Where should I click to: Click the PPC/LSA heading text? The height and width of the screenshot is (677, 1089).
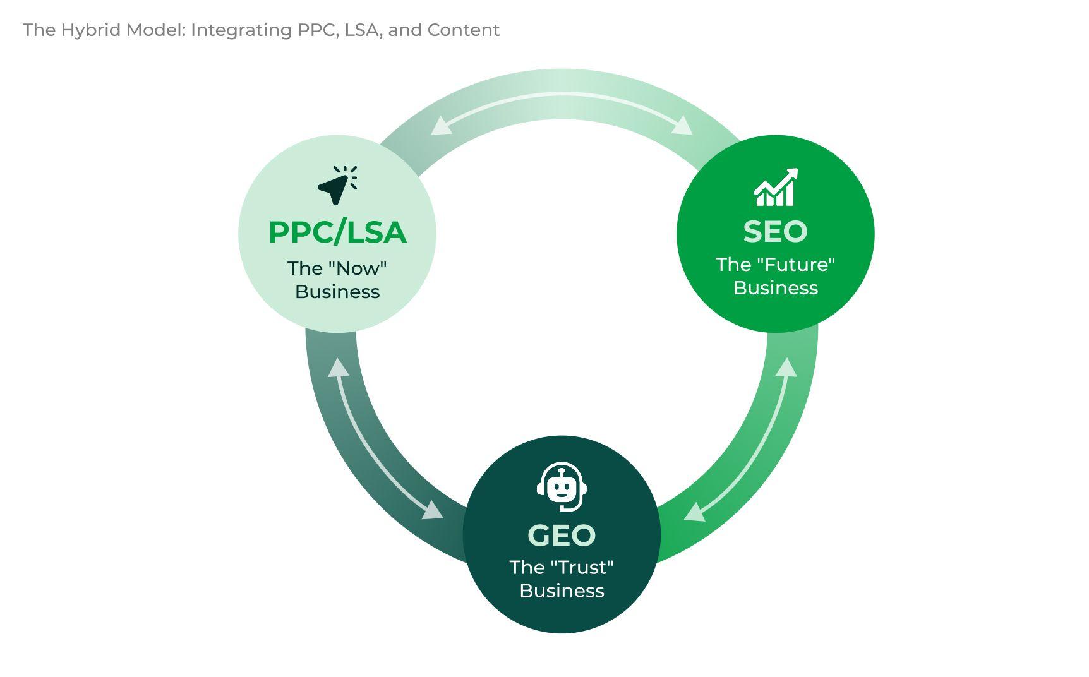pos(337,232)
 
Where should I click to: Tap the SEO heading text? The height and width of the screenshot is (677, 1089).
pos(775,232)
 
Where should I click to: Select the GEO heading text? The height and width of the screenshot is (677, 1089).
pos(562,536)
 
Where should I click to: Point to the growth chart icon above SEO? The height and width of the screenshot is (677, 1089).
pos(776,187)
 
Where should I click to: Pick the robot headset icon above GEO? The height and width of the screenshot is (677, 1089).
pos(562,487)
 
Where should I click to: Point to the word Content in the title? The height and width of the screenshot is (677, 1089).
pos(464,30)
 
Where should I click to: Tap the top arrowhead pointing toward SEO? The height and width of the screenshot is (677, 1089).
pos(683,126)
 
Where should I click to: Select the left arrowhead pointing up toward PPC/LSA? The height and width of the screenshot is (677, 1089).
pos(338,368)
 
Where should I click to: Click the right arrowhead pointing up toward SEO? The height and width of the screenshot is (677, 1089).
pos(786,368)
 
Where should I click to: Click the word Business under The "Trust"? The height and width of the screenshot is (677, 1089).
pos(562,591)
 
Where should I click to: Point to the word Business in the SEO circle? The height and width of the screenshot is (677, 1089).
pos(775,288)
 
